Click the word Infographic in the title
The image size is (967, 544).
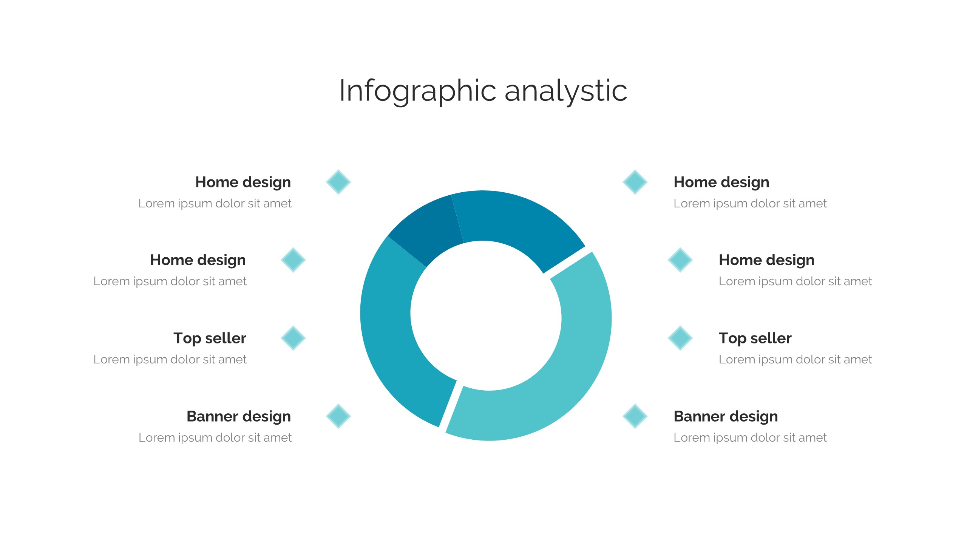(x=417, y=91)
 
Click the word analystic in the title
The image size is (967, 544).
(x=566, y=91)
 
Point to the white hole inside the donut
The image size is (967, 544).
(x=486, y=316)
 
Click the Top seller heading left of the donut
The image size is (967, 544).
(x=210, y=338)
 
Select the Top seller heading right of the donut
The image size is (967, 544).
(x=755, y=338)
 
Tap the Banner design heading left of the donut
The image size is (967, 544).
(x=239, y=416)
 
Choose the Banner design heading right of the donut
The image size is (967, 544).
(x=726, y=416)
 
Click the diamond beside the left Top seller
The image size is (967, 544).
(x=293, y=338)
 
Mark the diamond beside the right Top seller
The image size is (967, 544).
(x=680, y=338)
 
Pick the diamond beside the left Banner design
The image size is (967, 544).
(x=338, y=416)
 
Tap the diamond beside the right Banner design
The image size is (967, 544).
(x=635, y=416)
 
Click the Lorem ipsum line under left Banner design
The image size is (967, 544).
(x=215, y=437)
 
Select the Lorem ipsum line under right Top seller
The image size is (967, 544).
(x=795, y=359)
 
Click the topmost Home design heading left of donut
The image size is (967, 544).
(x=243, y=182)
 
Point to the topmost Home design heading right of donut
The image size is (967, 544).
(x=721, y=182)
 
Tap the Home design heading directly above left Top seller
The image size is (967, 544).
(x=198, y=260)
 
